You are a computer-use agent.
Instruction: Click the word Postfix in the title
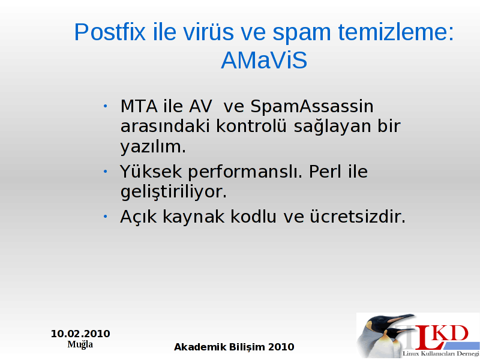pyautogui.click(x=110, y=32)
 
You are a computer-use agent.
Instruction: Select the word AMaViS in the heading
pyautogui.click(x=264, y=61)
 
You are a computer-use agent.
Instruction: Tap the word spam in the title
pyautogui.click(x=302, y=34)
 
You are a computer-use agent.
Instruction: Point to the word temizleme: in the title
pyautogui.click(x=396, y=32)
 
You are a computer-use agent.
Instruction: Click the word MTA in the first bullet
pyautogui.click(x=139, y=106)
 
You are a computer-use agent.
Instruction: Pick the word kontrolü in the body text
pyautogui.click(x=251, y=126)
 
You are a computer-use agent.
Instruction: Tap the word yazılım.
pyautogui.click(x=153, y=147)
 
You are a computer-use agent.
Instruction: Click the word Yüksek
pyautogui.click(x=151, y=171)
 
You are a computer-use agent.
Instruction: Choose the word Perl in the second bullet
pyautogui.click(x=325, y=171)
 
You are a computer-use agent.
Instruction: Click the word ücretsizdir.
pyautogui.click(x=358, y=217)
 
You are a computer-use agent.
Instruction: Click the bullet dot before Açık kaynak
pyautogui.click(x=106, y=217)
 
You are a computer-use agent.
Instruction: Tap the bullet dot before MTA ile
pyautogui.click(x=106, y=106)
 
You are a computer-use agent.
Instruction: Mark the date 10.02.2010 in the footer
pyautogui.click(x=80, y=334)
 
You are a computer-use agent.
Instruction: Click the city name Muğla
pyautogui.click(x=80, y=344)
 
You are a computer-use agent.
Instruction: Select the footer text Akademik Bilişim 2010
pyautogui.click(x=234, y=347)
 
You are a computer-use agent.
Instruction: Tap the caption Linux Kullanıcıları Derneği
pyautogui.click(x=441, y=354)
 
